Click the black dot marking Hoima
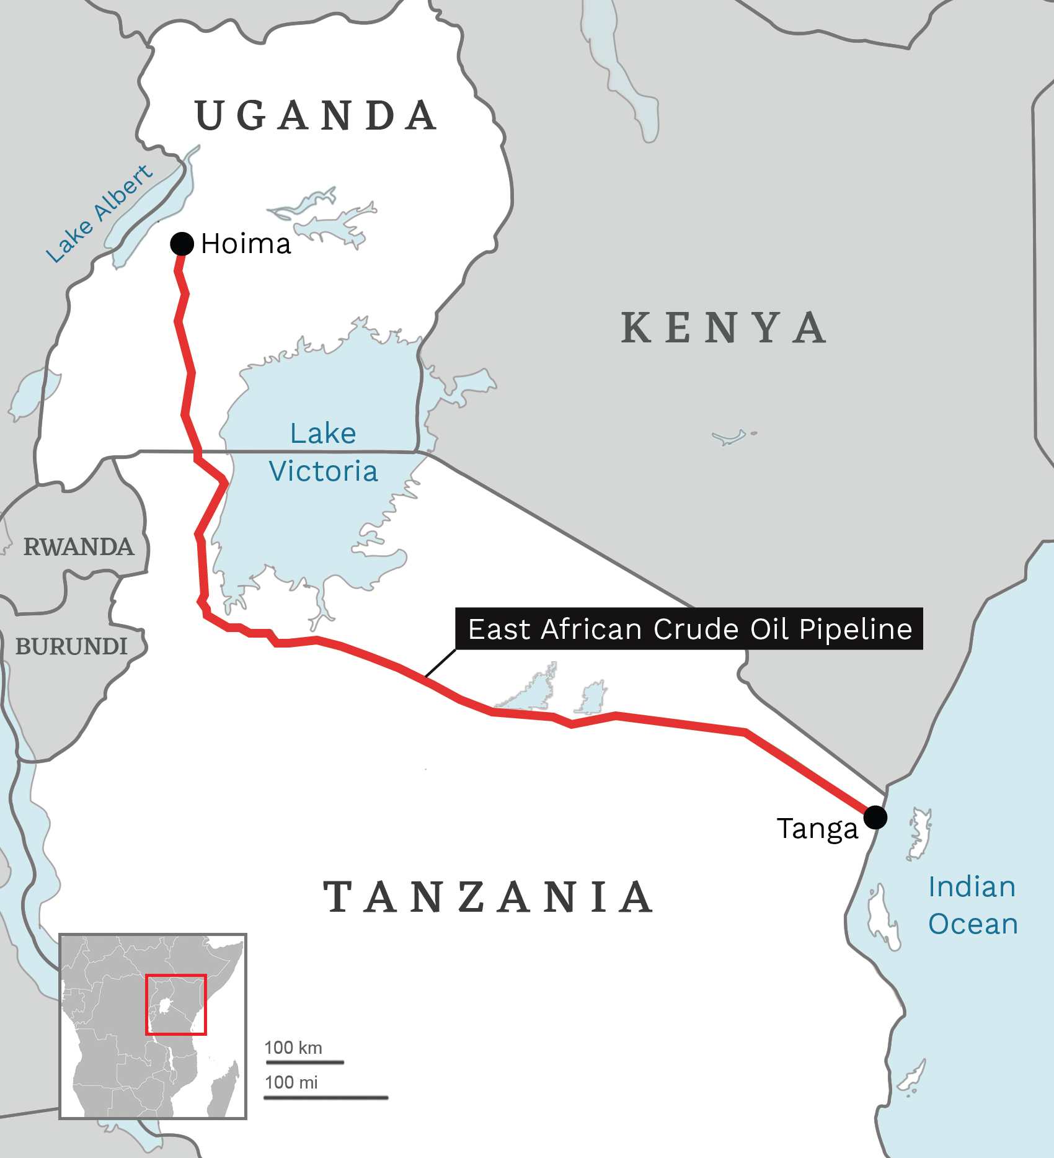click(x=182, y=244)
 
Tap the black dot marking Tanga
click(x=875, y=817)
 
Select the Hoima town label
click(x=246, y=244)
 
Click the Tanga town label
click(x=817, y=829)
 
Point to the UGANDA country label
click(x=316, y=116)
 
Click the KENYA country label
click(x=724, y=328)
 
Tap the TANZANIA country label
click(x=489, y=897)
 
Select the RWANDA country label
click(x=79, y=547)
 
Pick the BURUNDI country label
click(x=71, y=646)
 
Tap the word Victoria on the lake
click(x=323, y=471)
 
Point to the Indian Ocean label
click(x=972, y=905)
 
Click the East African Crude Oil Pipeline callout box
click(x=689, y=629)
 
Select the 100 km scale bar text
click(x=293, y=1048)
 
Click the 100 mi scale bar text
click(x=291, y=1082)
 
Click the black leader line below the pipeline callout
click(x=441, y=663)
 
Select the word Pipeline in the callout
click(x=856, y=629)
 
